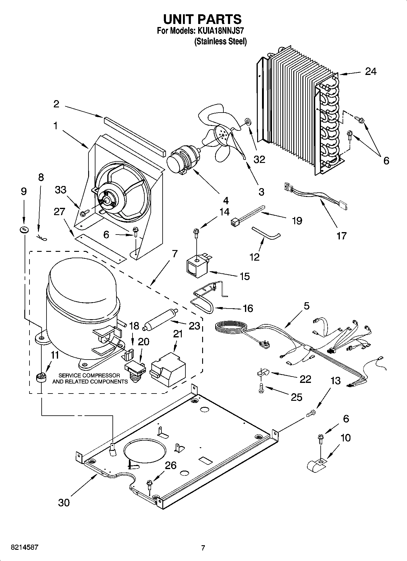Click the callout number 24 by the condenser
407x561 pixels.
click(371, 72)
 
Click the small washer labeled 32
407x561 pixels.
click(247, 123)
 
